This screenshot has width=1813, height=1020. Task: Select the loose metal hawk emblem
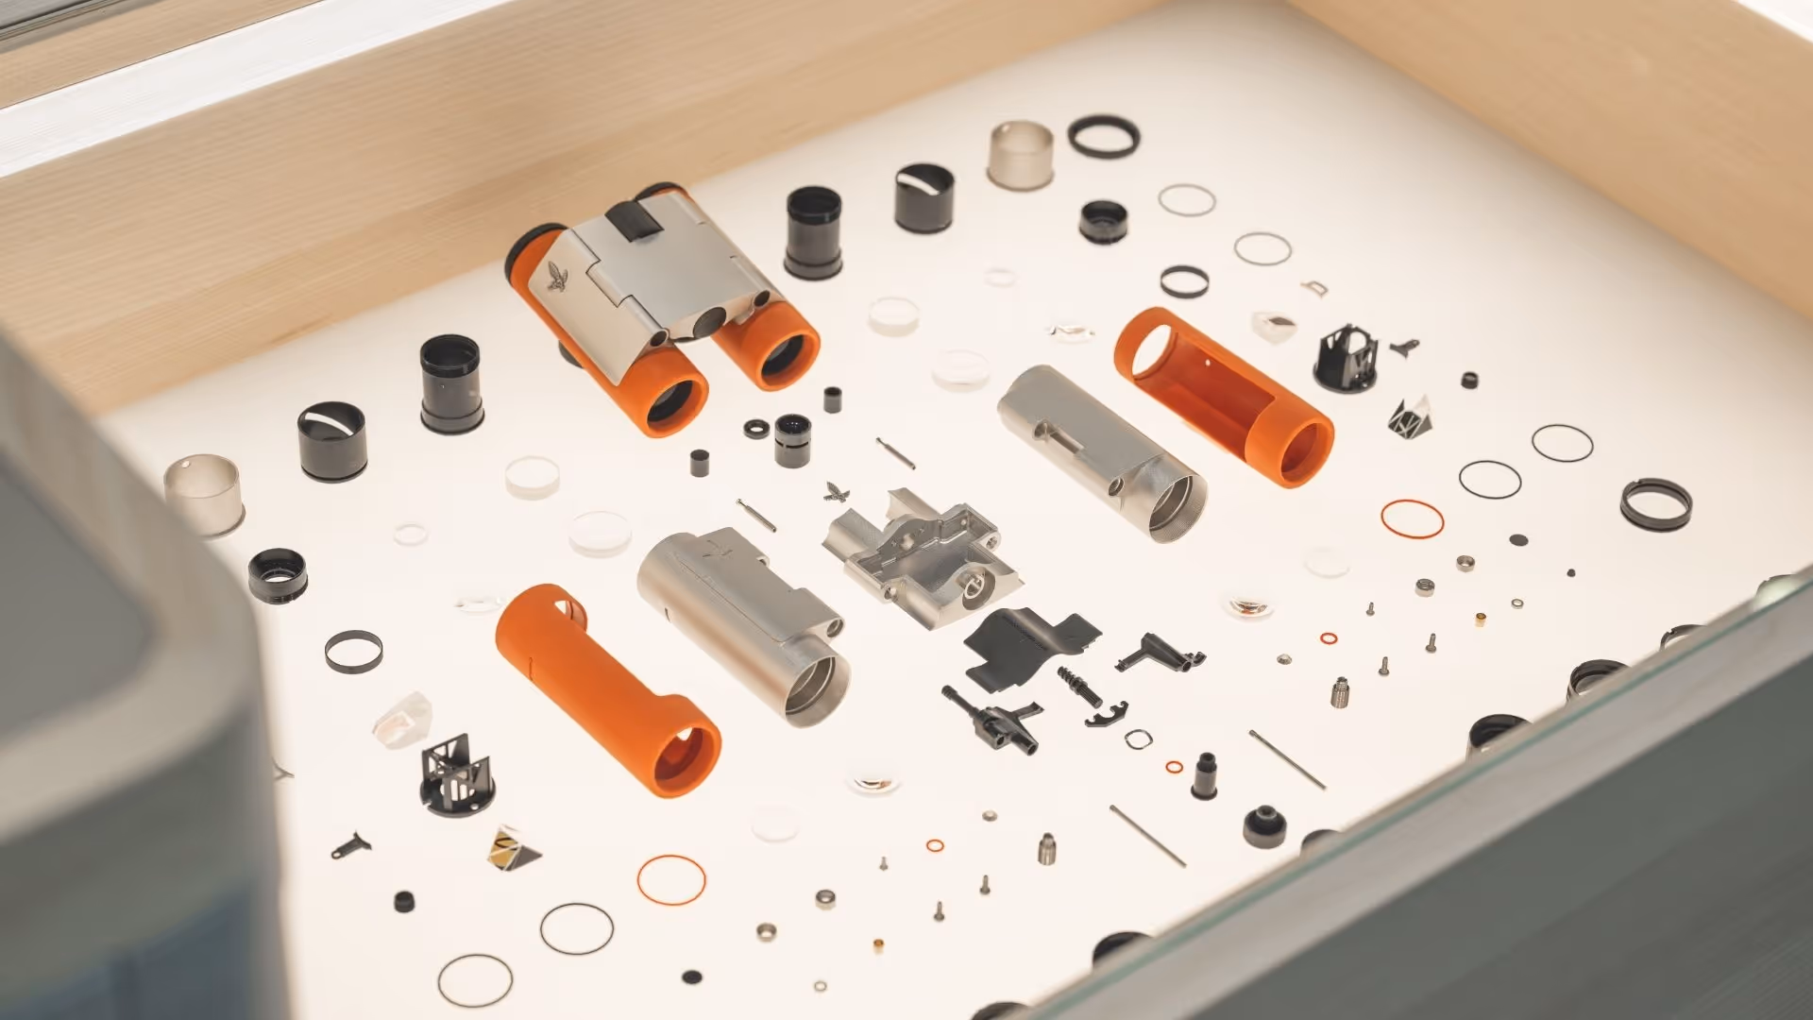pos(834,491)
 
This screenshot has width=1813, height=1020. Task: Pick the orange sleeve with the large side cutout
pos(1224,396)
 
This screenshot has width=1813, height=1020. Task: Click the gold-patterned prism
pos(513,846)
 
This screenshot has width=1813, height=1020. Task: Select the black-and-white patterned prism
pos(1411,416)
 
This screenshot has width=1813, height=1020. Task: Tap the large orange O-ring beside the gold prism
pos(671,879)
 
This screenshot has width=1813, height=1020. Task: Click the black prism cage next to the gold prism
pos(455,776)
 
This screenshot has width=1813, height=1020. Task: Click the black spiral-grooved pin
pos(1079,686)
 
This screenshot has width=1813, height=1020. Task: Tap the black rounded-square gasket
pos(1137,739)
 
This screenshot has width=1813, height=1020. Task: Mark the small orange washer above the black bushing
pos(1174,766)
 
